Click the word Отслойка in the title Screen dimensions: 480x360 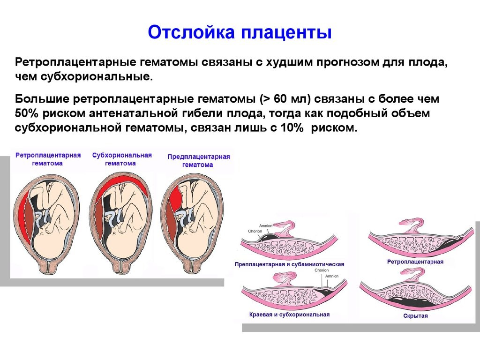click(x=191, y=32)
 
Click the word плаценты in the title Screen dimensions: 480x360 click(x=286, y=33)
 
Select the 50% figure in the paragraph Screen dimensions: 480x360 click(x=27, y=113)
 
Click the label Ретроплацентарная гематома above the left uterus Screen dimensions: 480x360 click(x=48, y=159)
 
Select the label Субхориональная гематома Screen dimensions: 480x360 click(x=122, y=159)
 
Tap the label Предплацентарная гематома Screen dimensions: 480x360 click(x=198, y=161)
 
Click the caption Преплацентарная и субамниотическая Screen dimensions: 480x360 click(x=289, y=264)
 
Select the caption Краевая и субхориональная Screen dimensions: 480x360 click(x=289, y=315)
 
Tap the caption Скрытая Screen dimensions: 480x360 click(x=415, y=315)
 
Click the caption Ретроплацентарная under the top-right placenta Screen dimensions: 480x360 click(x=415, y=262)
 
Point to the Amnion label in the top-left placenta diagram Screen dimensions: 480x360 click(x=266, y=225)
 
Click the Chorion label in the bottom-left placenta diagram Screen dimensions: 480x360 click(x=322, y=270)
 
